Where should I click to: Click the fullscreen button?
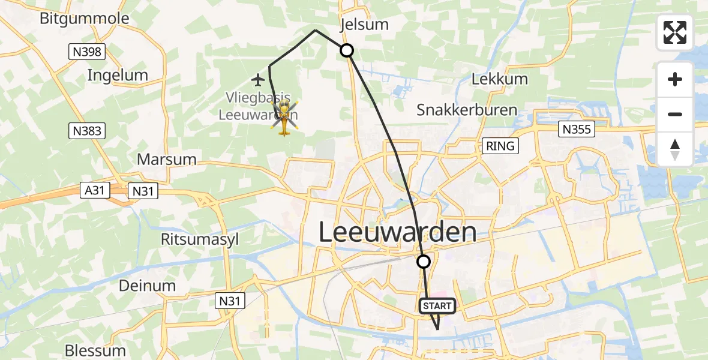[675, 32]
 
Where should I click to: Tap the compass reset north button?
[675, 149]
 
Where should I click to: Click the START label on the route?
[437, 306]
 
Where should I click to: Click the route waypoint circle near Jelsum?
[347, 51]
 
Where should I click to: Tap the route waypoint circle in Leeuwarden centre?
[424, 262]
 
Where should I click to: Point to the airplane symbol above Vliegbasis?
[259, 79]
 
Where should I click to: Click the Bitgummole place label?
[84, 19]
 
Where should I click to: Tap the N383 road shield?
[86, 130]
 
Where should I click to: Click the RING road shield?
[500, 146]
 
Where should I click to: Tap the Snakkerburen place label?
[467, 110]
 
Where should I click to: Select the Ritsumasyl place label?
[200, 239]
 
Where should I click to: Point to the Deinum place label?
[147, 286]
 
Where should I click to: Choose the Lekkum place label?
[499, 79]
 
